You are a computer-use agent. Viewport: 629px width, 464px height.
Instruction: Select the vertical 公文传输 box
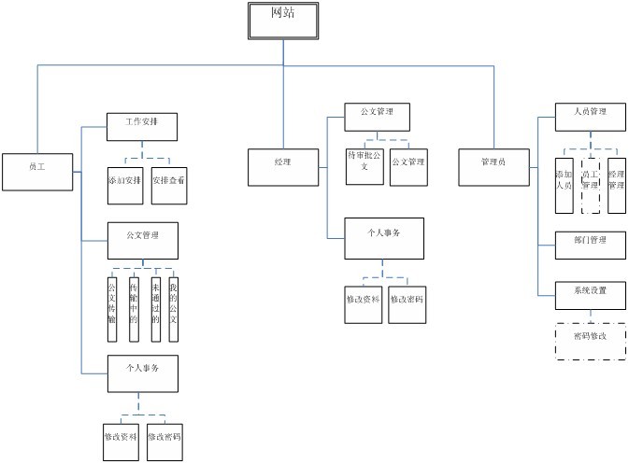click(112, 299)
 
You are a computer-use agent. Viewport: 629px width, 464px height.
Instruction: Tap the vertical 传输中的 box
click(134, 299)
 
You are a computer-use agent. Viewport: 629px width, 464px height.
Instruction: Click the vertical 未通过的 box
click(155, 299)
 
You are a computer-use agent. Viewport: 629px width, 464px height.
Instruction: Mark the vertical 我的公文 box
click(174, 299)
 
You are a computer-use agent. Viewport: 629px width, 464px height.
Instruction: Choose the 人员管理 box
click(591, 115)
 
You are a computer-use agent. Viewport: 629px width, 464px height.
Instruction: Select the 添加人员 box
click(564, 180)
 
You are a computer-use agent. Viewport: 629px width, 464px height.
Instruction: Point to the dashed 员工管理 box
click(590, 180)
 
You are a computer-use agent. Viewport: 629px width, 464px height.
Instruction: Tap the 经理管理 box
click(616, 180)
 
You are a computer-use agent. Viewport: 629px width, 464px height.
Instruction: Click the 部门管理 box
click(591, 243)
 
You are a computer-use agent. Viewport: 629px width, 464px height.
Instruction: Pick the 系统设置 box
click(591, 292)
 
